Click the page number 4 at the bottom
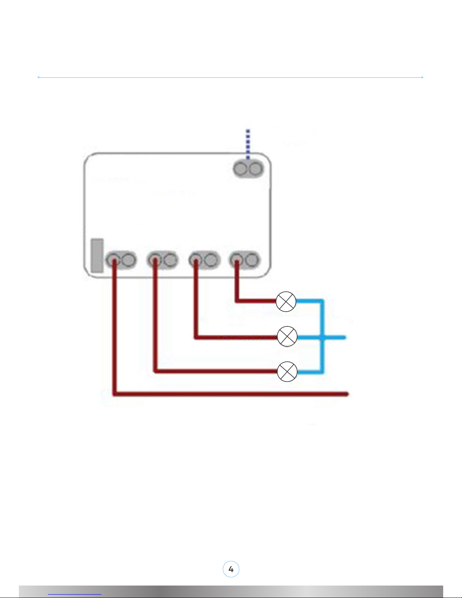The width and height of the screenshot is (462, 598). point(231,569)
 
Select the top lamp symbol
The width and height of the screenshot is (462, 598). point(286,301)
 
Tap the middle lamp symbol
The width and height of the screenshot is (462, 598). point(287,337)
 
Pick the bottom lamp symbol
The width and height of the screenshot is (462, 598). point(287,371)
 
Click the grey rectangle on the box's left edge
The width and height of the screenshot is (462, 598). point(97,255)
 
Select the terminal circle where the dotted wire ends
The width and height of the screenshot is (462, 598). point(240,168)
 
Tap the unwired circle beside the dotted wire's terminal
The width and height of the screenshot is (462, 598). point(255,168)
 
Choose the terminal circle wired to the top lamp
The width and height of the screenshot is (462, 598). point(237,260)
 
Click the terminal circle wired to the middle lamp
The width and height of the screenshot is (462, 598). point(195,260)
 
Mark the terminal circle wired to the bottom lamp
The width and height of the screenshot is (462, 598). point(154,260)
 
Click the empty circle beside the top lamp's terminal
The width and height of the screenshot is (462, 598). point(252,260)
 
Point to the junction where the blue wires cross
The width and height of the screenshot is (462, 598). point(322,337)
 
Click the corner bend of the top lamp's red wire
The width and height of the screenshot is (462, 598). point(237,301)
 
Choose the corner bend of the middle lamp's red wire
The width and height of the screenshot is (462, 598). point(196,337)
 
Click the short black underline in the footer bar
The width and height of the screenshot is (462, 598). point(75,594)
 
